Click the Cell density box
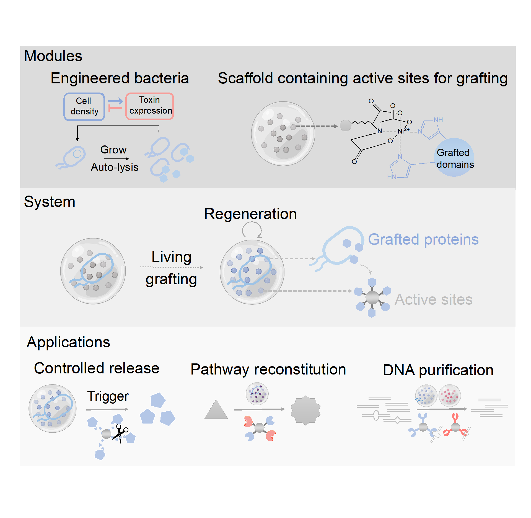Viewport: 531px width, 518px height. tap(84, 106)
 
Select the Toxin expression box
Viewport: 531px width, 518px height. tap(150, 106)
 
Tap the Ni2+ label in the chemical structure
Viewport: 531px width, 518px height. tap(403, 131)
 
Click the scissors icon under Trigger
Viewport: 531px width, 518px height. tap(121, 433)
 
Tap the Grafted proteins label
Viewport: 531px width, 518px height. tap(423, 239)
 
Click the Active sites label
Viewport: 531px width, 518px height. tap(433, 299)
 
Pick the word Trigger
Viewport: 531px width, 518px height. tap(108, 396)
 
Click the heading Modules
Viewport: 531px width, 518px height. tap(53, 56)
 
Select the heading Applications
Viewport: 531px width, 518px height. tap(68, 342)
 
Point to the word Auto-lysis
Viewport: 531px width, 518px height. tap(115, 167)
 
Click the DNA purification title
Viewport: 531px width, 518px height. tap(438, 370)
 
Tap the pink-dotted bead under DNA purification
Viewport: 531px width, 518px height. tap(450, 395)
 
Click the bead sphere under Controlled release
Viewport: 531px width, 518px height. tap(52, 408)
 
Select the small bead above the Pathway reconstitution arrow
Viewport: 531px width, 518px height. tap(257, 394)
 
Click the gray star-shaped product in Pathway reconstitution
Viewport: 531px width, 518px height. tap(305, 410)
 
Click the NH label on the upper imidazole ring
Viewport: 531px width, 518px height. tap(438, 120)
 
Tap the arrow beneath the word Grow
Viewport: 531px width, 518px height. tap(116, 159)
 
